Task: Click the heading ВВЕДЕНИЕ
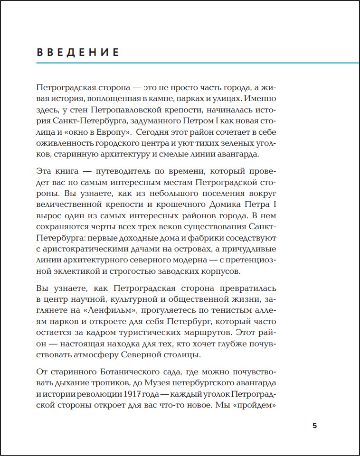pyautogui.click(x=78, y=52)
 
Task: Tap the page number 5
pyautogui.click(x=314, y=425)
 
